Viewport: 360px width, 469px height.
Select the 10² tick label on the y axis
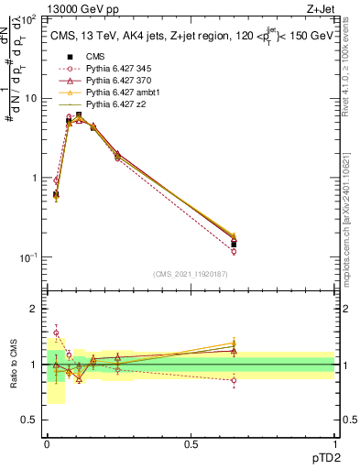pos(27,18)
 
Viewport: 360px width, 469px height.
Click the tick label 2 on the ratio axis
pos(35,310)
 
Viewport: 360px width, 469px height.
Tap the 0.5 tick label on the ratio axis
pos(30,420)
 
